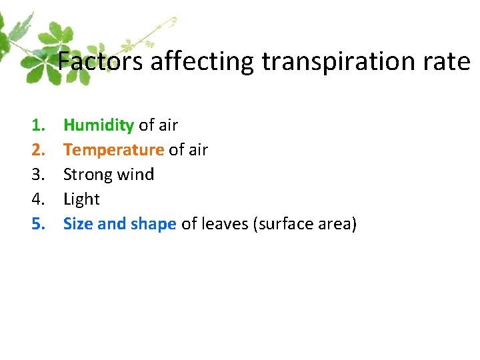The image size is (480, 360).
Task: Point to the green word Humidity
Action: (x=99, y=125)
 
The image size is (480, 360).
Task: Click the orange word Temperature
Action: (x=113, y=150)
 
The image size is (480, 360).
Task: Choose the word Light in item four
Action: (x=81, y=199)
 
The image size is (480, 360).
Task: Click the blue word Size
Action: (x=77, y=224)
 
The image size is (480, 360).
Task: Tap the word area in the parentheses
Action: (x=333, y=224)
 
